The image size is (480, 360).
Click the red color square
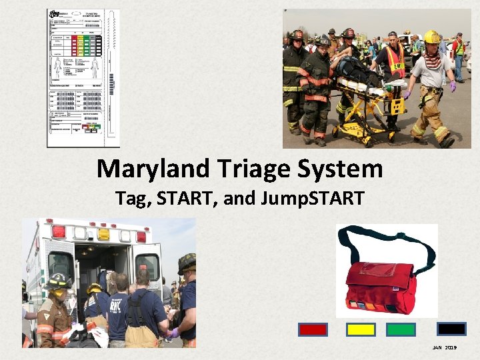pyautogui.click(x=313, y=329)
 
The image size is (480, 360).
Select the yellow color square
pyautogui.click(x=361, y=329)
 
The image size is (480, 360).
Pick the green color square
pyautogui.click(x=401, y=329)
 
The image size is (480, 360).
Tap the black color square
pyautogui.click(x=451, y=329)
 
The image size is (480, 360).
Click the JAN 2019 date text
pyautogui.click(x=445, y=348)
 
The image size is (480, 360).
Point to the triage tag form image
pyautogui.click(x=83, y=78)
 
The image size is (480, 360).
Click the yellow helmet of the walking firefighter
pyautogui.click(x=432, y=37)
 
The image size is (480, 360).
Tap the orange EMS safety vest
pyautogui.click(x=395, y=61)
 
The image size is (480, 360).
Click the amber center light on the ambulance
pyautogui.click(x=103, y=234)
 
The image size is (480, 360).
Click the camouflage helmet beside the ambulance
pyautogui.click(x=187, y=263)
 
